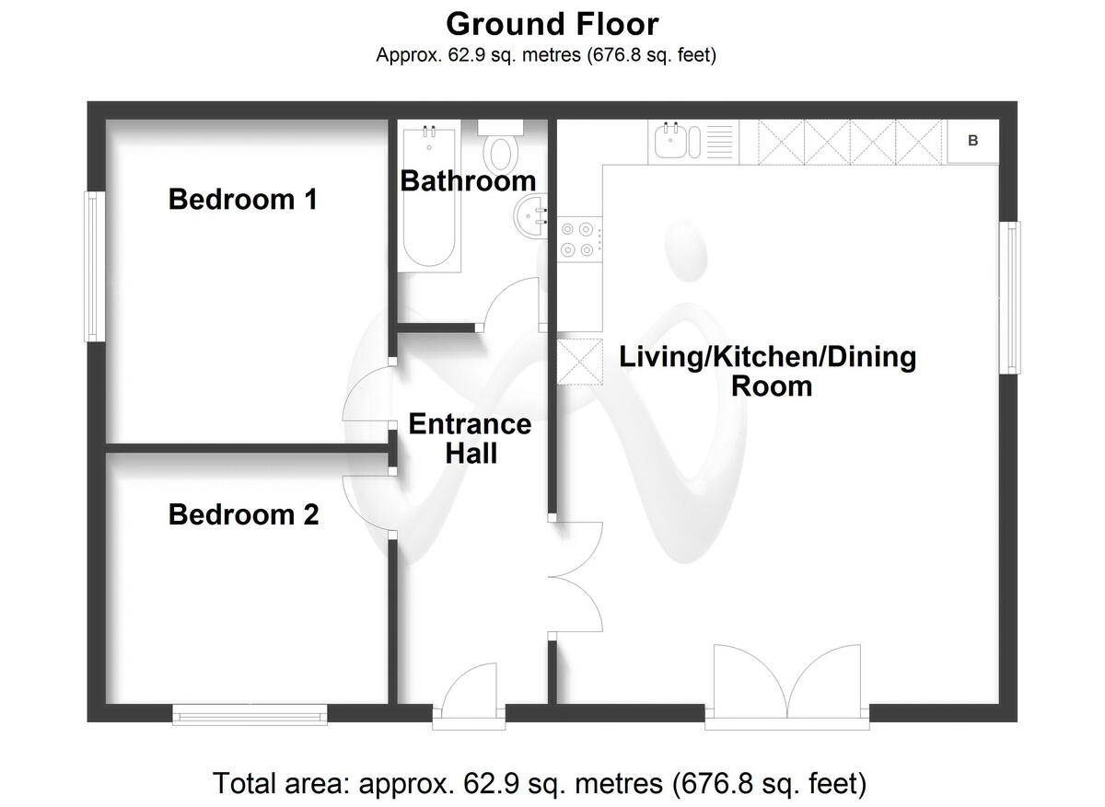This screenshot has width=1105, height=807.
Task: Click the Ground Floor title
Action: point(552,23)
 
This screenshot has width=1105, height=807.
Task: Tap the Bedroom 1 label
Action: point(243,199)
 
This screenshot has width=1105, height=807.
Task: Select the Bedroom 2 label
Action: point(243,514)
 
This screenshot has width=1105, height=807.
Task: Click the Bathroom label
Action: point(467,180)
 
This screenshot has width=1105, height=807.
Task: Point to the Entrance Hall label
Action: point(470,438)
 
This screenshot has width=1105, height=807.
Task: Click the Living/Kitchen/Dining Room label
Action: point(767,370)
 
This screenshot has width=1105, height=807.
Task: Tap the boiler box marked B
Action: point(973,142)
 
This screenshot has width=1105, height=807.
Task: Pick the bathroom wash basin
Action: point(529,217)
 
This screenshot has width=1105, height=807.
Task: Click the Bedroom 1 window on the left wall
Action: point(93,266)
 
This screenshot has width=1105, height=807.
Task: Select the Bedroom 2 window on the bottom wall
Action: point(250,714)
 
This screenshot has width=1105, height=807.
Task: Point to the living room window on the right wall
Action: point(1012,297)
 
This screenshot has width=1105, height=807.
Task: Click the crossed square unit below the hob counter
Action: point(579,361)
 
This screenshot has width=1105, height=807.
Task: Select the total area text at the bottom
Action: point(540,783)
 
